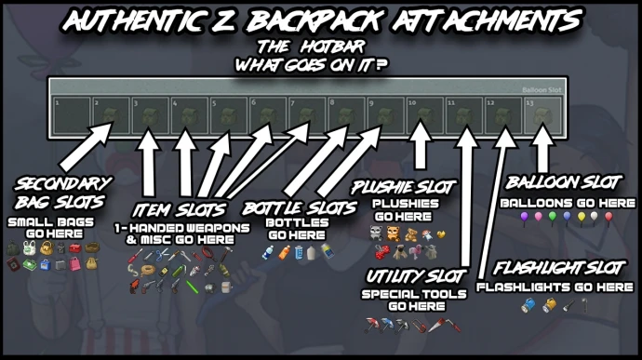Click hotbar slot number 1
tap(72, 115)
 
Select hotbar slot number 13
tap(543, 115)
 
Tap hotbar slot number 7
tap(307, 115)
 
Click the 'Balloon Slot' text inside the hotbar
tap(542, 89)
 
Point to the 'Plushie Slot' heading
tap(403, 188)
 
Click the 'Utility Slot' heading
tap(415, 276)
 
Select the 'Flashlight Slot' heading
tap(559, 269)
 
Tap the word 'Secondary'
tap(63, 184)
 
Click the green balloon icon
tap(553, 217)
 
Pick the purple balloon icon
tap(524, 217)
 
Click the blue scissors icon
tap(162, 255)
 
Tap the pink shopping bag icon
tap(75, 264)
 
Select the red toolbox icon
tap(75, 247)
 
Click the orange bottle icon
tap(284, 253)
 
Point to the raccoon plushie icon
tap(376, 233)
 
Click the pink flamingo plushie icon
tap(415, 251)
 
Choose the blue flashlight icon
tap(528, 305)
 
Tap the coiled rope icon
tap(148, 271)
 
